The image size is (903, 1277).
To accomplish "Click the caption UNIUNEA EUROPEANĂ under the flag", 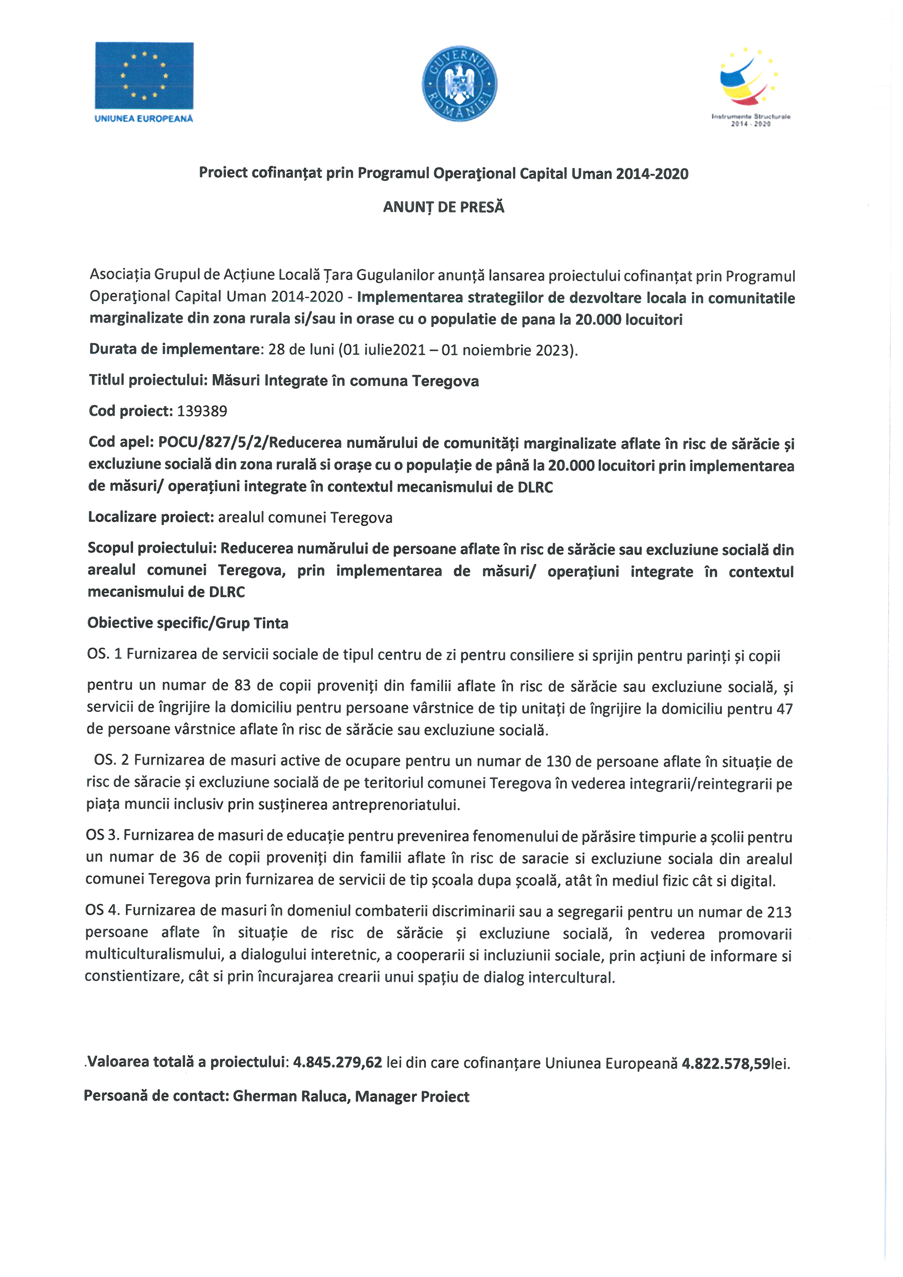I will [144, 118].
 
